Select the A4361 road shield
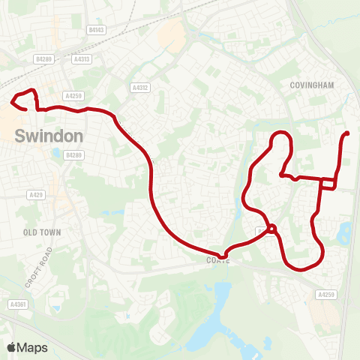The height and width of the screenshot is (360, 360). [x=18, y=304]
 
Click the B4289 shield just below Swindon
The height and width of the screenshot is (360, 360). [x=73, y=155]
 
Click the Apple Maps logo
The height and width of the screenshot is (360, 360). [x=28, y=347]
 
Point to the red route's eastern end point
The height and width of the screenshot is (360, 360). [x=346, y=133]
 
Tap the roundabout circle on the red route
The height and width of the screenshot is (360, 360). [x=272, y=229]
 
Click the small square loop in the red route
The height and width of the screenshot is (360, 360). [x=328, y=183]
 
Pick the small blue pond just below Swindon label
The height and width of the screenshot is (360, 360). [x=55, y=153]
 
